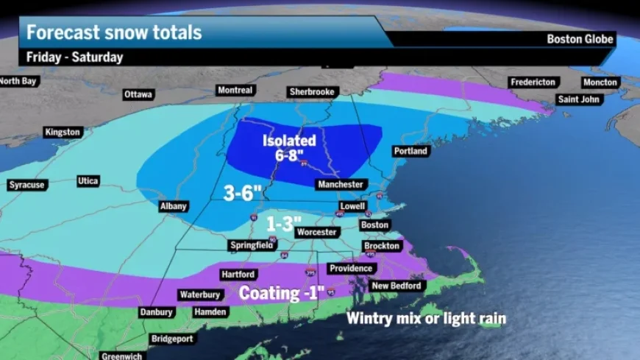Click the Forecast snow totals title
pyautogui.click(x=114, y=32)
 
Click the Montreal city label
pyautogui.click(x=235, y=91)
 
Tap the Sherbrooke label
pyautogui.click(x=312, y=92)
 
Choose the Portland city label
pyautogui.click(x=410, y=151)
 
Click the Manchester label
pyautogui.click(x=339, y=184)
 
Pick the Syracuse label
pyautogui.click(x=26, y=185)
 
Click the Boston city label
pyautogui.click(x=374, y=225)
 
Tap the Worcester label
pyautogui.click(x=316, y=232)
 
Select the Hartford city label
pyautogui.click(x=238, y=275)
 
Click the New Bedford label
pyautogui.click(x=396, y=286)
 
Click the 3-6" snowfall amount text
pyautogui.click(x=243, y=193)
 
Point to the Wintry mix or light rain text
pyautogui.click(x=427, y=319)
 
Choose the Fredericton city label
pyautogui.click(x=533, y=82)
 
